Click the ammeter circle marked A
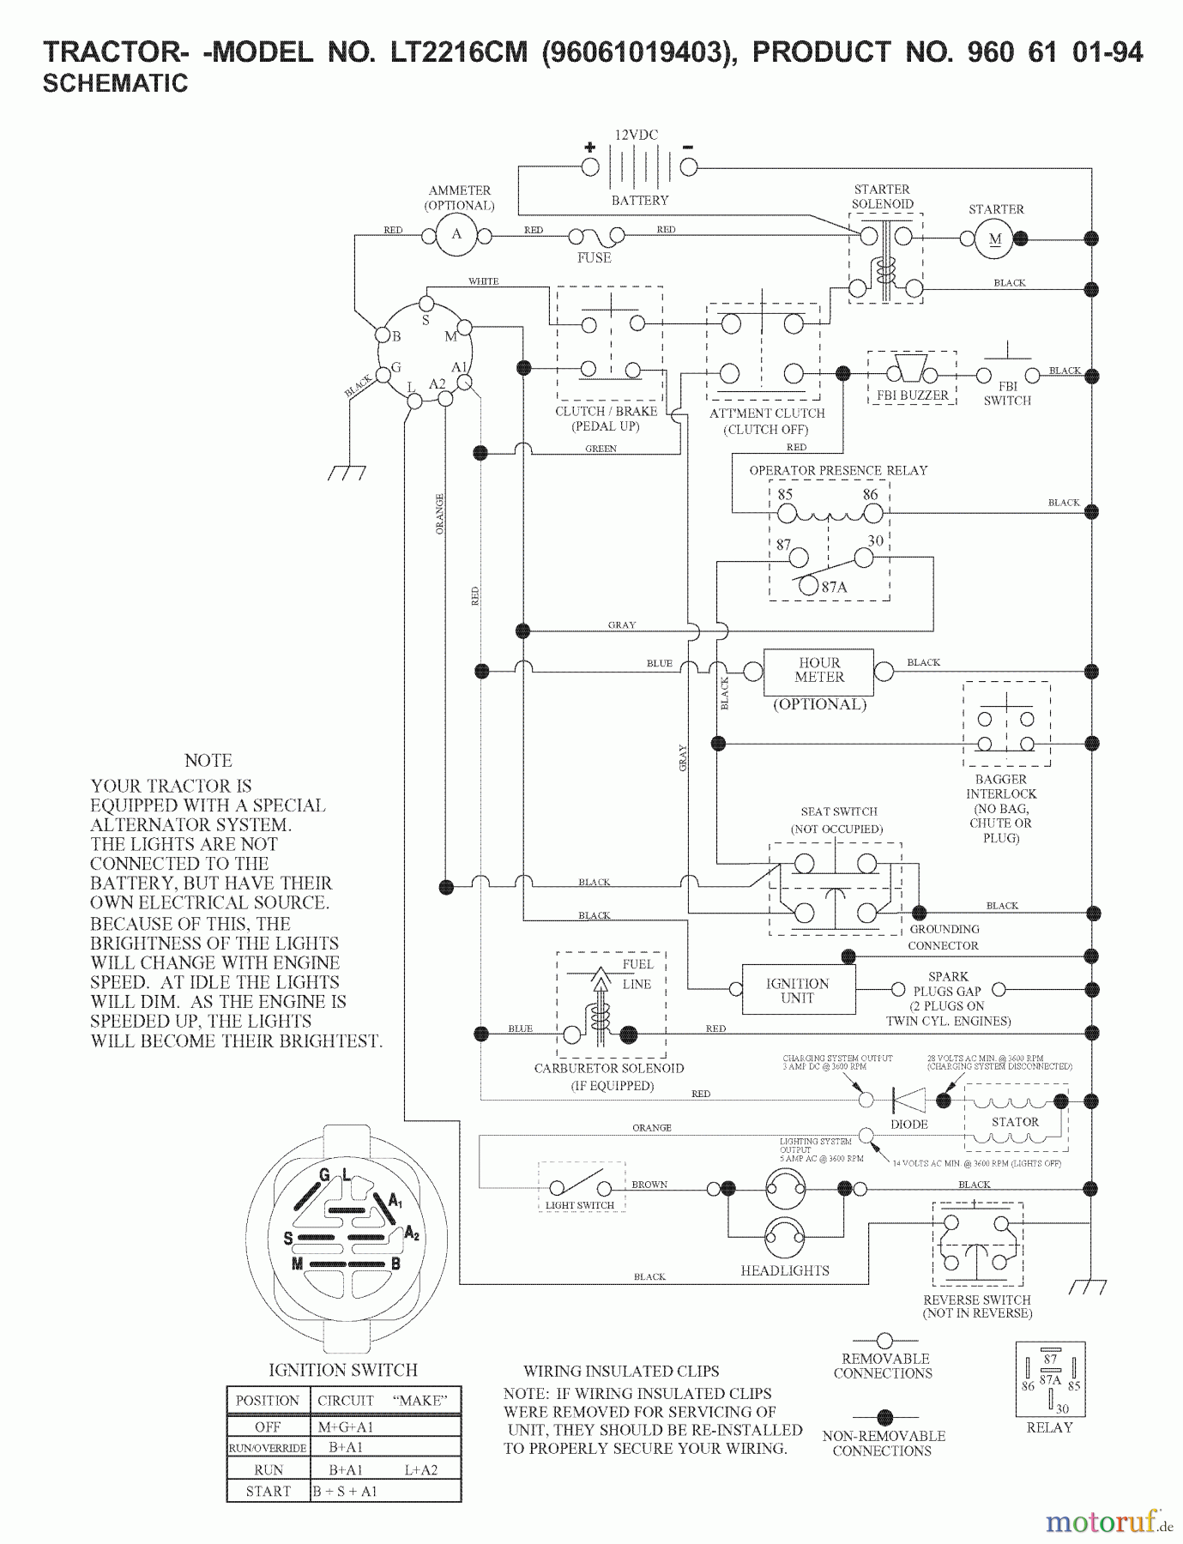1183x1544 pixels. [x=456, y=234]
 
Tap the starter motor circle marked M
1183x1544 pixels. [x=994, y=239]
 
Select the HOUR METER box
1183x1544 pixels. [x=818, y=671]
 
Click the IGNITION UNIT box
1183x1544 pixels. [x=798, y=991]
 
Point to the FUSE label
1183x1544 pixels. [x=594, y=257]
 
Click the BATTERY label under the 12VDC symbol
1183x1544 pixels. [x=640, y=201]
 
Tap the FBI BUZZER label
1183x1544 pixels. [x=912, y=395]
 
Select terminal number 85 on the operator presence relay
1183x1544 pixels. [x=785, y=495]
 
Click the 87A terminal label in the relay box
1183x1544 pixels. [x=834, y=588]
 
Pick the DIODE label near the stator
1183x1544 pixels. [x=908, y=1124]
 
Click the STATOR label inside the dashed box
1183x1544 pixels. [x=1015, y=1122]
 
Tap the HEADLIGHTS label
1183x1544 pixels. [x=785, y=1270]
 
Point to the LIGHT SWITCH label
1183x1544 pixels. [x=580, y=1205]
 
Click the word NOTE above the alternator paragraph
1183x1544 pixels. [x=208, y=761]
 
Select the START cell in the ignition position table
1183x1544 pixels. [x=269, y=1491]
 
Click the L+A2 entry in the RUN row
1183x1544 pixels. [x=420, y=1469]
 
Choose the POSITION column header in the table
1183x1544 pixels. [x=268, y=1401]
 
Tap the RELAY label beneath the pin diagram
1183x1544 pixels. [x=1049, y=1427]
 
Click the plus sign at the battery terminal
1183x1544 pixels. [x=590, y=147]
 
